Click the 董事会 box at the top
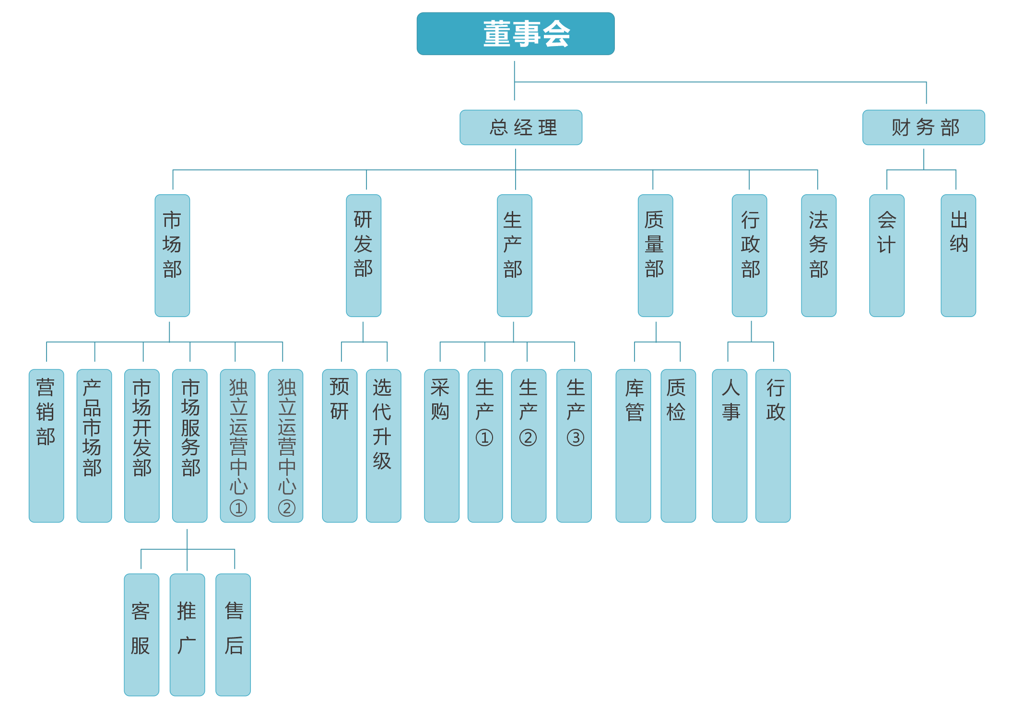[x=515, y=34]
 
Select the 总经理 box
[x=521, y=128]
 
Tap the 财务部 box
[x=923, y=128]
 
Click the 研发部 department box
[x=364, y=255]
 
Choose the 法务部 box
[x=819, y=255]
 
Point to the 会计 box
[x=887, y=255]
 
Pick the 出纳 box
[x=958, y=255]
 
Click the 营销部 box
[x=46, y=445]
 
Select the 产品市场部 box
[x=94, y=445]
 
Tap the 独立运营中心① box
[x=237, y=445]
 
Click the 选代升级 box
[x=383, y=445]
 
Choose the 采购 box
[x=441, y=445]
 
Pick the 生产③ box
[x=574, y=445]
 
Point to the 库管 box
[x=633, y=445]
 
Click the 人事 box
[x=730, y=445]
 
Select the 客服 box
[x=141, y=634]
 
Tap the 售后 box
[x=233, y=634]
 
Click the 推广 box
[x=187, y=634]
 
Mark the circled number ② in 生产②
[x=528, y=437]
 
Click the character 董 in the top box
[x=497, y=34]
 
